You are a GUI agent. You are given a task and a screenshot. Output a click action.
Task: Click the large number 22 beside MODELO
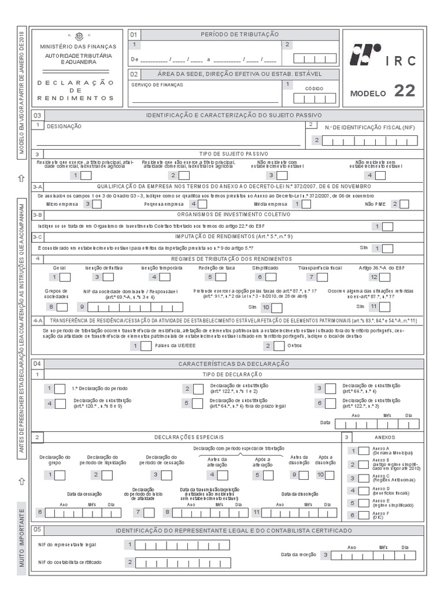click(404, 91)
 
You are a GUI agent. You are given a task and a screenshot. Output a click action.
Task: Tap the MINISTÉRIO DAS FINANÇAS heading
click(78, 46)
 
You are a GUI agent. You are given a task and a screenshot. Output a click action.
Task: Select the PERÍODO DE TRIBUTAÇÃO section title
click(239, 35)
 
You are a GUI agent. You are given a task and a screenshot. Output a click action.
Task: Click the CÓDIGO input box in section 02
click(314, 99)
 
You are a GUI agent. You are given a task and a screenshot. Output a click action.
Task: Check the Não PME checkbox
click(404, 203)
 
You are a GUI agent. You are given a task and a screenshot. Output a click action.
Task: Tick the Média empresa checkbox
click(308, 203)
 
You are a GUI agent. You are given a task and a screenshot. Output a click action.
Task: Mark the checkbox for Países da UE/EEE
click(146, 346)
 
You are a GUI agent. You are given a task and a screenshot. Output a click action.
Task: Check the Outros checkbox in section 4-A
click(279, 346)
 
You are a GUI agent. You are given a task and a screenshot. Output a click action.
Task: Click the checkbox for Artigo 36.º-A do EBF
click(383, 277)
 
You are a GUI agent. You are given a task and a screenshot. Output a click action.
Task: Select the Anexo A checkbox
click(364, 451)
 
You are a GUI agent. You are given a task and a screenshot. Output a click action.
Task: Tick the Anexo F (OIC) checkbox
click(364, 515)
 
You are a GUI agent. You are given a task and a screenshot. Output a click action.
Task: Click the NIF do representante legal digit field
click(173, 545)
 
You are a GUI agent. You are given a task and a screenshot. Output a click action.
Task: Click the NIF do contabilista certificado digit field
click(173, 562)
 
